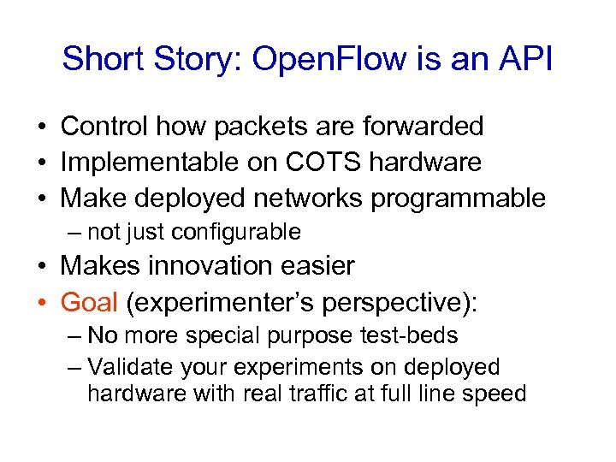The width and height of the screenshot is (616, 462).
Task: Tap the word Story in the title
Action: (x=188, y=59)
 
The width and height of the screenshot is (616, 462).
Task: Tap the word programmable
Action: (x=458, y=198)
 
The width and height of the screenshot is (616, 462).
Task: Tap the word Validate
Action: (x=130, y=367)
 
